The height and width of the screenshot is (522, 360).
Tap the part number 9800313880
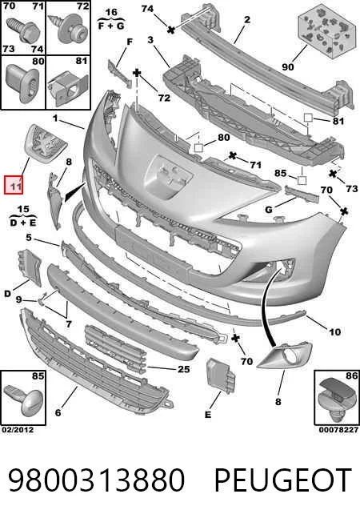click(96, 480)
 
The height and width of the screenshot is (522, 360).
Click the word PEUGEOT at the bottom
click(283, 480)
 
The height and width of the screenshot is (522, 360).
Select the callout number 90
click(288, 66)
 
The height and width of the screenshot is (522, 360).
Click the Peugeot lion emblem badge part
click(46, 143)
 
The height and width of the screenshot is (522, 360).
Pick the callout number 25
click(183, 369)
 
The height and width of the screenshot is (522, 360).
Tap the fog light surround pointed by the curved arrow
click(285, 355)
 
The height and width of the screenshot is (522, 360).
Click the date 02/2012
click(18, 429)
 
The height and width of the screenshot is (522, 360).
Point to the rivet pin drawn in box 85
click(23, 400)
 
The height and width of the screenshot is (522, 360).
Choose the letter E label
click(208, 415)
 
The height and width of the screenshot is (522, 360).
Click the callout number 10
click(334, 332)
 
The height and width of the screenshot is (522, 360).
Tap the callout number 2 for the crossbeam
click(247, 20)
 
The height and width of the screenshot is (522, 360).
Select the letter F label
click(130, 42)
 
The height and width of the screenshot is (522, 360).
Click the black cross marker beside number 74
click(171, 30)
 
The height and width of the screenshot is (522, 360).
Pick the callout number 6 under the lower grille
click(58, 412)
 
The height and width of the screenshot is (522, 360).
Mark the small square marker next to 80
click(198, 147)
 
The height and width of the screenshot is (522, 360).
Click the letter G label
click(269, 210)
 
